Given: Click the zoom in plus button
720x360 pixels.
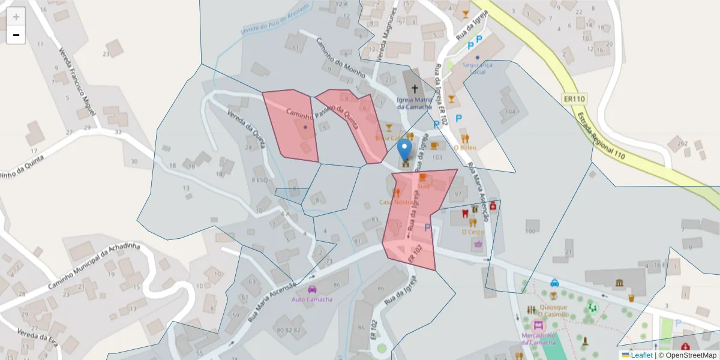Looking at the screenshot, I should (16, 17).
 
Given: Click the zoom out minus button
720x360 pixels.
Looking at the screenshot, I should (16, 35).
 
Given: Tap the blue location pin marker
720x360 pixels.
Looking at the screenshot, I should (405, 150).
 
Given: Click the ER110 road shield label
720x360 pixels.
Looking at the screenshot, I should (574, 99).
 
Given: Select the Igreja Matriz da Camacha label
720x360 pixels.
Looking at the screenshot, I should (415, 103).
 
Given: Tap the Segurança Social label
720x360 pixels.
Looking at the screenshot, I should (478, 68).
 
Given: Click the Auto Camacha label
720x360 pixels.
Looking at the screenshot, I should (311, 299).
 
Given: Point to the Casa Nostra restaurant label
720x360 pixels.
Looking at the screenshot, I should (395, 202).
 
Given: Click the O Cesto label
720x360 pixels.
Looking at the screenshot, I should (472, 232).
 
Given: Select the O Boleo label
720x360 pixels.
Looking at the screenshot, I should (464, 146).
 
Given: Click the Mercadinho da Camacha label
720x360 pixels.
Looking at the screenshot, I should (538, 339).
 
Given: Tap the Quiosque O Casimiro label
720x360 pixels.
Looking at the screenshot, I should (553, 310).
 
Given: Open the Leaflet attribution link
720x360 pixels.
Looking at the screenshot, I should (641, 355).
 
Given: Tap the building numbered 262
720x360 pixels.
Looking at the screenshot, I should (682, 143).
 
